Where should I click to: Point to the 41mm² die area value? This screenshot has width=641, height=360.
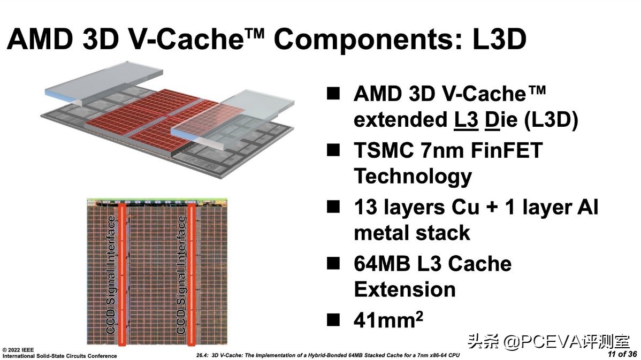point(388,320)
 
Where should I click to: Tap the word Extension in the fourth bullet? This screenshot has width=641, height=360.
point(405,289)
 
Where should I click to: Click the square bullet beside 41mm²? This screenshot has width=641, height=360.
point(333,320)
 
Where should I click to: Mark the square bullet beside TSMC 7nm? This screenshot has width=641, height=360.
point(333,150)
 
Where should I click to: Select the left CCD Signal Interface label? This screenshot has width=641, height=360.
point(111,274)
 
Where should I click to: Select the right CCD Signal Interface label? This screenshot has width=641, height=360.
point(181,274)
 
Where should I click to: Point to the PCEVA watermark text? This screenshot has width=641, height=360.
point(552,341)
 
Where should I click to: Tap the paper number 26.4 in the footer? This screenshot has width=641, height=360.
point(204,355)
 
